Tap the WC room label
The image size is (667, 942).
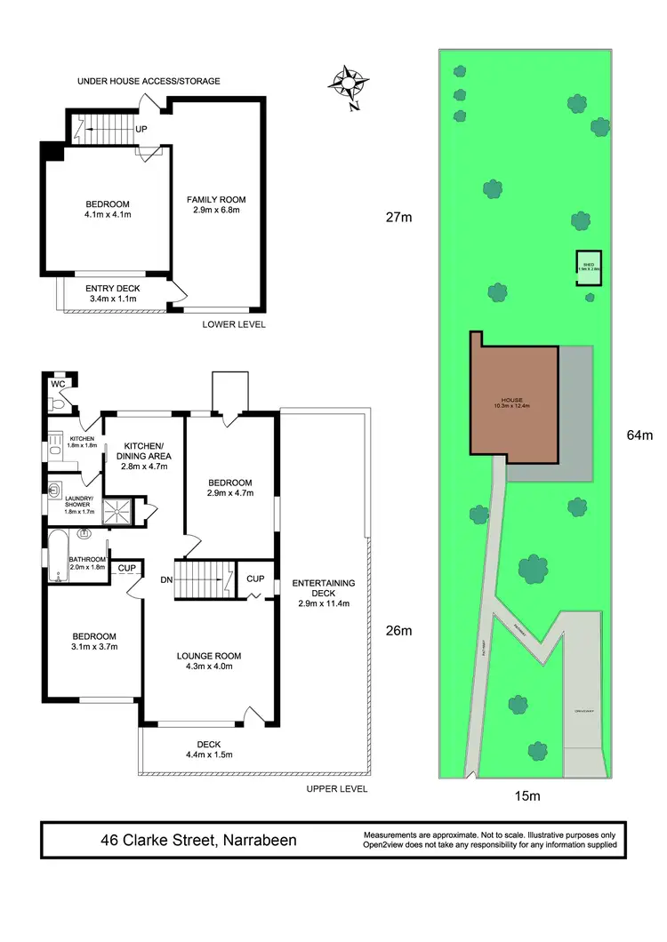click(x=58, y=384)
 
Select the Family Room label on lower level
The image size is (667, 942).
click(x=215, y=205)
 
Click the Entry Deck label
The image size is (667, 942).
click(x=113, y=294)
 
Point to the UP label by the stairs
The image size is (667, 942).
click(x=141, y=129)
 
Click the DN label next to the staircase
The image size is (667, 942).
click(x=165, y=579)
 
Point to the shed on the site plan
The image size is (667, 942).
click(x=588, y=267)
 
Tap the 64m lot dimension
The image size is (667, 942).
click(x=639, y=435)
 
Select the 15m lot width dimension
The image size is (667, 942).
click(x=527, y=796)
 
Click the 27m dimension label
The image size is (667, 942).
click(x=399, y=217)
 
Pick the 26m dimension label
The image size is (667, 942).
click(x=399, y=632)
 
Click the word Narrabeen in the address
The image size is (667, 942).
click(x=258, y=840)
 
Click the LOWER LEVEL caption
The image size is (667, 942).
click(x=234, y=324)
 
